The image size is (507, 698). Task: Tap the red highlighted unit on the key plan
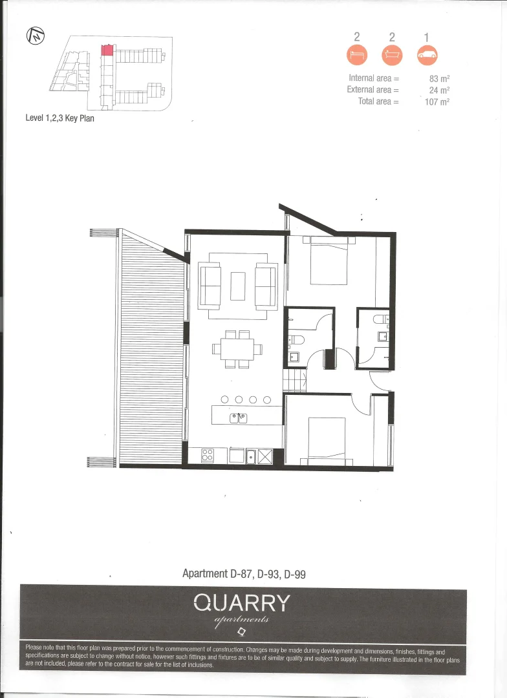tap(107, 49)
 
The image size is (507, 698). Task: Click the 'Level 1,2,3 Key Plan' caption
tap(59, 118)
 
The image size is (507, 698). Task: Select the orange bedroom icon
tap(357, 55)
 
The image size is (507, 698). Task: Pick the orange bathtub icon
tap(392, 55)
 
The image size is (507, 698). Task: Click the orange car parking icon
tap(427, 55)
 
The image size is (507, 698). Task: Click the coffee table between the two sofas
tap(238, 286)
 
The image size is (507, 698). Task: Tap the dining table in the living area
tap(237, 349)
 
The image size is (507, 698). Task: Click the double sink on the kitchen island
tap(238, 418)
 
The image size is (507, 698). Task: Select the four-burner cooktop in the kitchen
tap(208, 455)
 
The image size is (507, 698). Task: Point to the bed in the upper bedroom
tap(329, 262)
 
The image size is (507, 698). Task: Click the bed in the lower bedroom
tap(330, 439)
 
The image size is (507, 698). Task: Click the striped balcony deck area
tap(151, 349)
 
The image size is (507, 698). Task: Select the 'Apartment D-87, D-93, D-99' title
tap(244, 573)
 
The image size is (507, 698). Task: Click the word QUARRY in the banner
tap(242, 603)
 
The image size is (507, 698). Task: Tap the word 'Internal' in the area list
tap(361, 79)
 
